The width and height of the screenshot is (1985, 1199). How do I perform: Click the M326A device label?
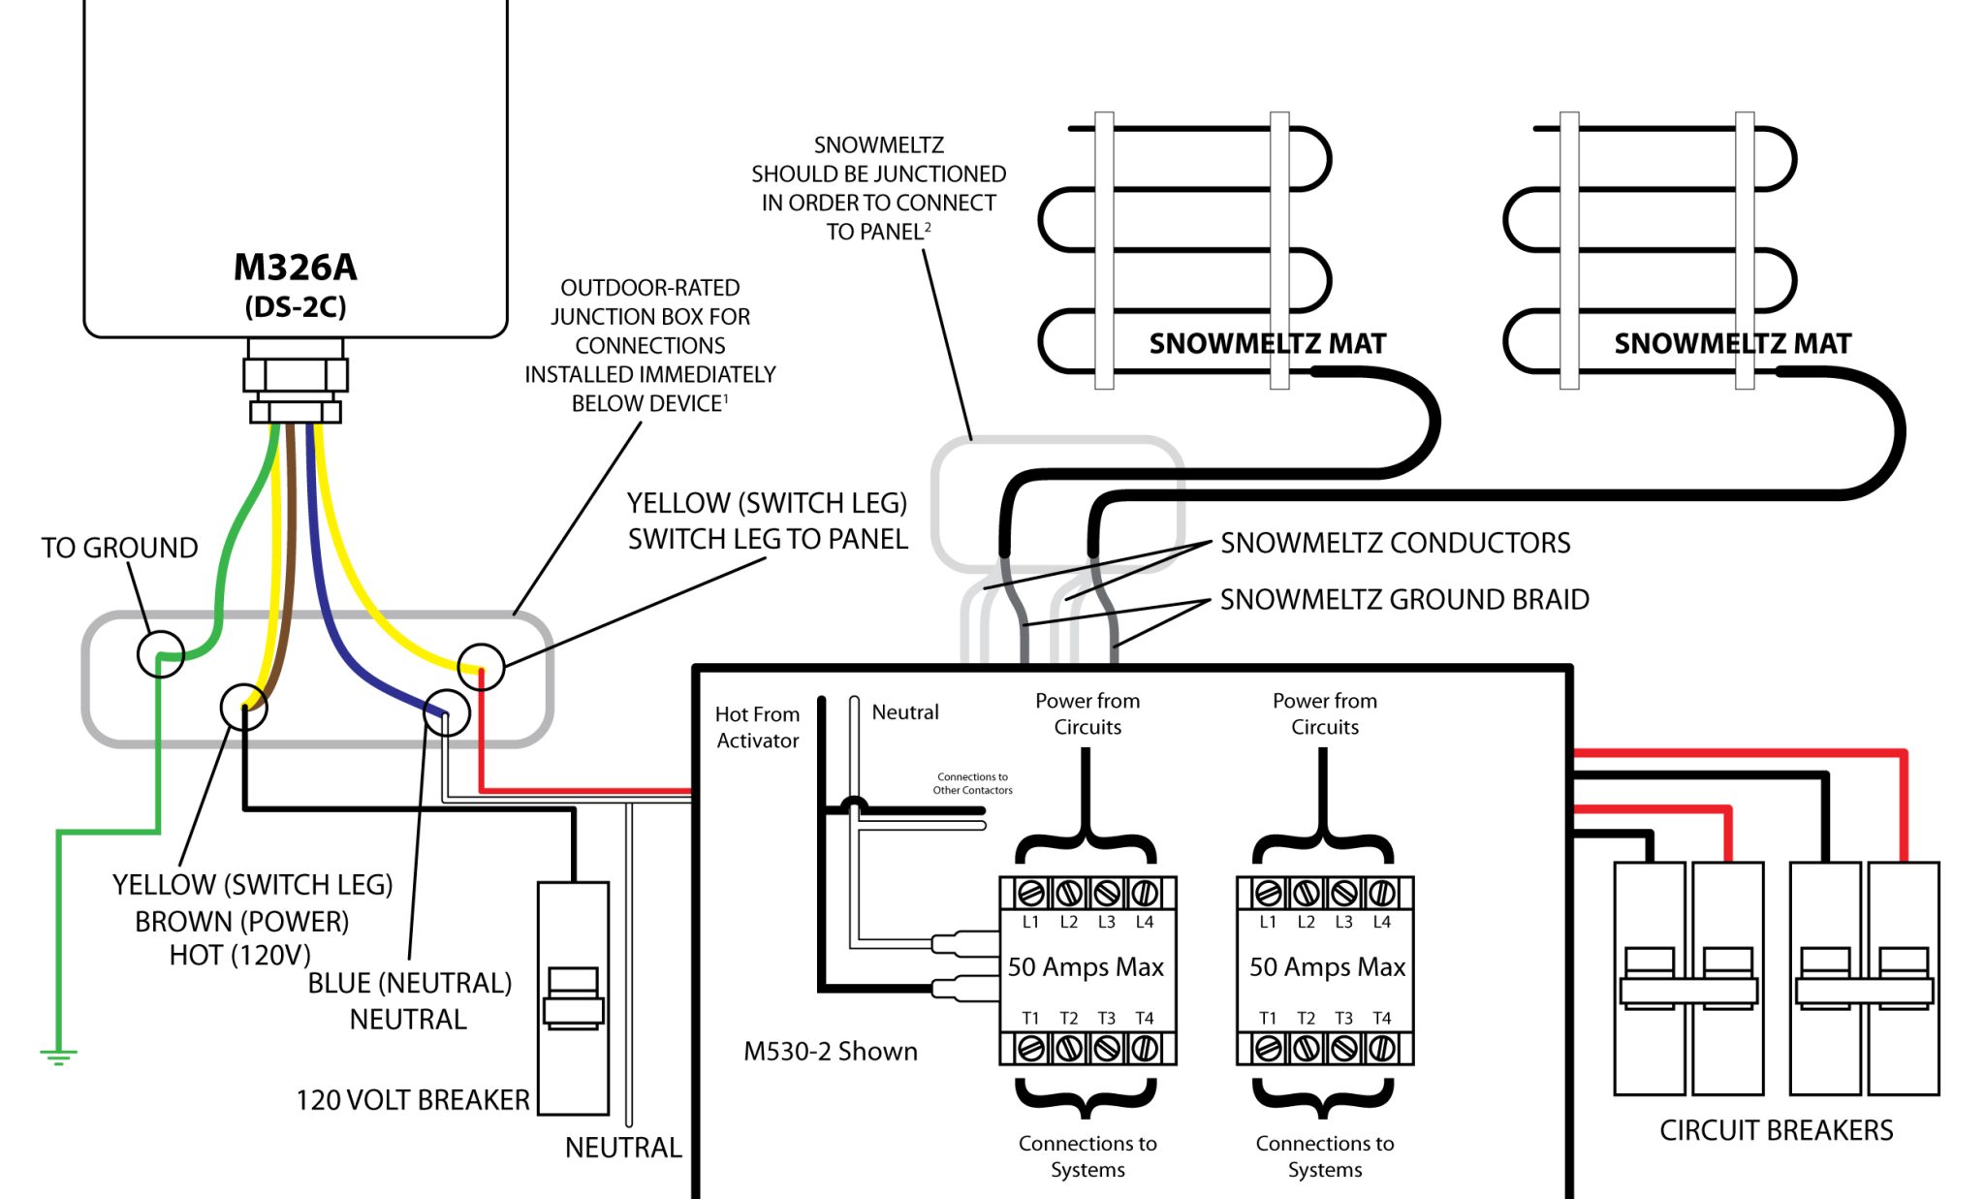[295, 268]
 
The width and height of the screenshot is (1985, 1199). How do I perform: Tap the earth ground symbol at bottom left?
[58, 1056]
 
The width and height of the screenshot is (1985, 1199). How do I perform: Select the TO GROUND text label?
[119, 548]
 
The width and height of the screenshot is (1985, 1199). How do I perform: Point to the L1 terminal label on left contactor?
[1030, 922]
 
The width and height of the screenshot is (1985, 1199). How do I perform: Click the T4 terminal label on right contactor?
[1381, 1018]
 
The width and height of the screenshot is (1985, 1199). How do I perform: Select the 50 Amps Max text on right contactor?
[1326, 967]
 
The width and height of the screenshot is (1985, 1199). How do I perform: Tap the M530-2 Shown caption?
[830, 1052]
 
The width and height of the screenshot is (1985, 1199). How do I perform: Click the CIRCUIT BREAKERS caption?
[1776, 1130]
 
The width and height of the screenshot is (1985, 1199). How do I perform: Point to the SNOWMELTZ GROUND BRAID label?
[1403, 600]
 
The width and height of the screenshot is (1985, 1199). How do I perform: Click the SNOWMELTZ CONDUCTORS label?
[1395, 543]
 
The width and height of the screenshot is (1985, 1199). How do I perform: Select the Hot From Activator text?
[757, 727]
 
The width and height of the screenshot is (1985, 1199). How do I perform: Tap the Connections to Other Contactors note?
[972, 783]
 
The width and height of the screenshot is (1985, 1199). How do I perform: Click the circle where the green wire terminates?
[161, 654]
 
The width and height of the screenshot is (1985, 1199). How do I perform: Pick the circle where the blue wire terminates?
[447, 712]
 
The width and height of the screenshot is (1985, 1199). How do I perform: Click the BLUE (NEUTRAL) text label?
[409, 983]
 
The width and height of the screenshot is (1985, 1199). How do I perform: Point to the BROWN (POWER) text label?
[241, 921]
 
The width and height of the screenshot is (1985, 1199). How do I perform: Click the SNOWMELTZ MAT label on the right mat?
[1732, 344]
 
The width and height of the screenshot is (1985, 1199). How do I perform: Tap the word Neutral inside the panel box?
[904, 712]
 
